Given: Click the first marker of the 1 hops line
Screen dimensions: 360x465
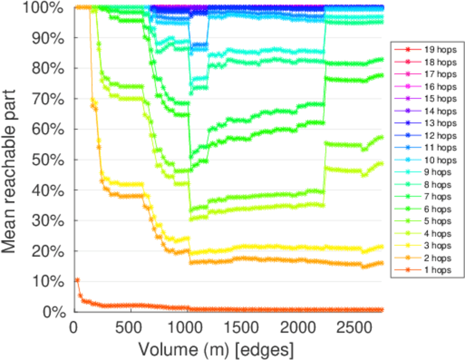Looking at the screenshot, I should pyautogui.click(x=77, y=280).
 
